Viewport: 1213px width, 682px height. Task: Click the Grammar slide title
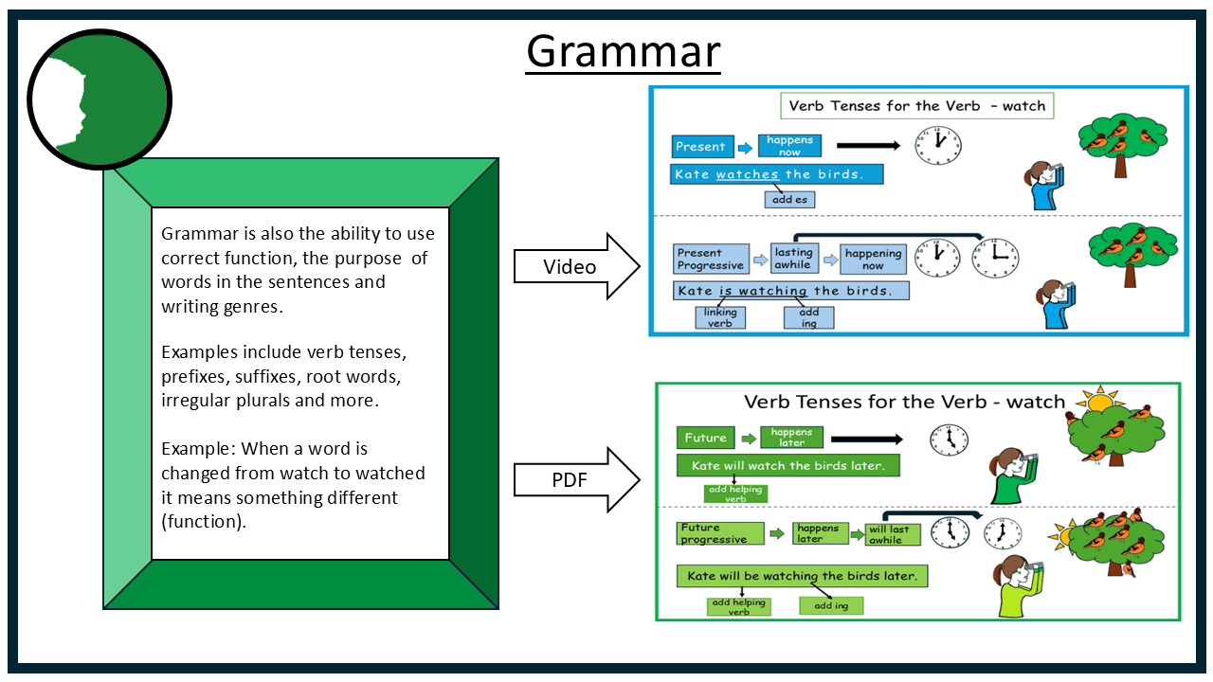click(624, 51)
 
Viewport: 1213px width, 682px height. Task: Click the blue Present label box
click(702, 147)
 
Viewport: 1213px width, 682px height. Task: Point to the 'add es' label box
click(789, 200)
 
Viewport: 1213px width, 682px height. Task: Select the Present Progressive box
click(711, 259)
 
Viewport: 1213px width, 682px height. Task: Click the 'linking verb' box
click(719, 317)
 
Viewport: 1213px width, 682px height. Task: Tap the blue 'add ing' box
click(808, 317)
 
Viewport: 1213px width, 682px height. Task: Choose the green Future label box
click(705, 438)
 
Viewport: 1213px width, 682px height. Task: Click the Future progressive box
click(721, 533)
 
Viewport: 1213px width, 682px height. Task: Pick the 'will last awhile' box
click(892, 534)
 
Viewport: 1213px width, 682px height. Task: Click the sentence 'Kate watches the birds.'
click(776, 174)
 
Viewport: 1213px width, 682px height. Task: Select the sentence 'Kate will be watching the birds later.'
click(802, 576)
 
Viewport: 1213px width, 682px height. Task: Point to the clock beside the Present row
click(937, 145)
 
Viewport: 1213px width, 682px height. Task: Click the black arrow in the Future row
click(868, 439)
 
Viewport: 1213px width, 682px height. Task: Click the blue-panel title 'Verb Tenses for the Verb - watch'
click(916, 105)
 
